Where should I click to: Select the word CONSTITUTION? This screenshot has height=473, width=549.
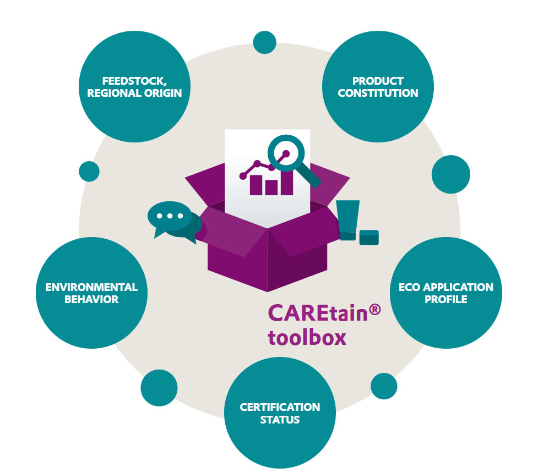pos(378,93)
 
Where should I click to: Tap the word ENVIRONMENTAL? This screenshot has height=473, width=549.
pos(91,287)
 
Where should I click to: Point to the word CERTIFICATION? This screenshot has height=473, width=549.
pos(280,407)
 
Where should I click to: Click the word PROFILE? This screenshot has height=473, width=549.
pos(445,299)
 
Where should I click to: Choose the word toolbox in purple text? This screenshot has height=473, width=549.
pos(307,337)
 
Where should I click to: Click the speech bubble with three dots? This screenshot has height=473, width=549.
pos(169,217)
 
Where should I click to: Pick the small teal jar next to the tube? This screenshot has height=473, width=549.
pos(369,237)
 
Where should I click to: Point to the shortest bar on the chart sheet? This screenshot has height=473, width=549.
pos(271,188)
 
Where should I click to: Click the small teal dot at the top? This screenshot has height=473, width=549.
pos(264,42)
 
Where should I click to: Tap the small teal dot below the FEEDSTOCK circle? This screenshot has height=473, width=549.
pos(89,171)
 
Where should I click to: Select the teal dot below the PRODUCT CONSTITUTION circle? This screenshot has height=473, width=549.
pos(450,174)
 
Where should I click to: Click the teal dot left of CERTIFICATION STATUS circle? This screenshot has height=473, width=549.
pos(159,387)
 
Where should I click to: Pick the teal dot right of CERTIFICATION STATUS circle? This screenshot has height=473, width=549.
pos(384,386)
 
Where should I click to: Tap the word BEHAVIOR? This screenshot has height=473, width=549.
pos(91,299)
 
